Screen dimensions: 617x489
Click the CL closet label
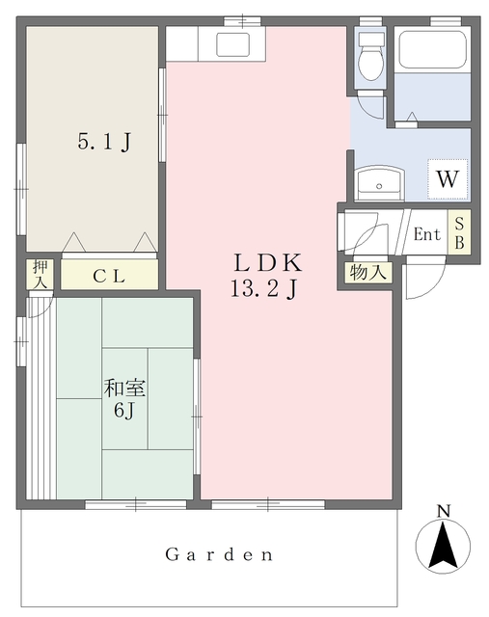click(x=109, y=276)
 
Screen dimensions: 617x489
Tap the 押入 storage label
click(x=40, y=275)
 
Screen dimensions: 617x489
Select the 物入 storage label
click(x=367, y=273)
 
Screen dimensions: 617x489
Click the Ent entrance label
click(x=426, y=234)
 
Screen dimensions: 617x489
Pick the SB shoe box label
click(x=459, y=233)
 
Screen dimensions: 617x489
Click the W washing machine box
click(x=447, y=178)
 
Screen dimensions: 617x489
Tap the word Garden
click(x=218, y=555)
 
